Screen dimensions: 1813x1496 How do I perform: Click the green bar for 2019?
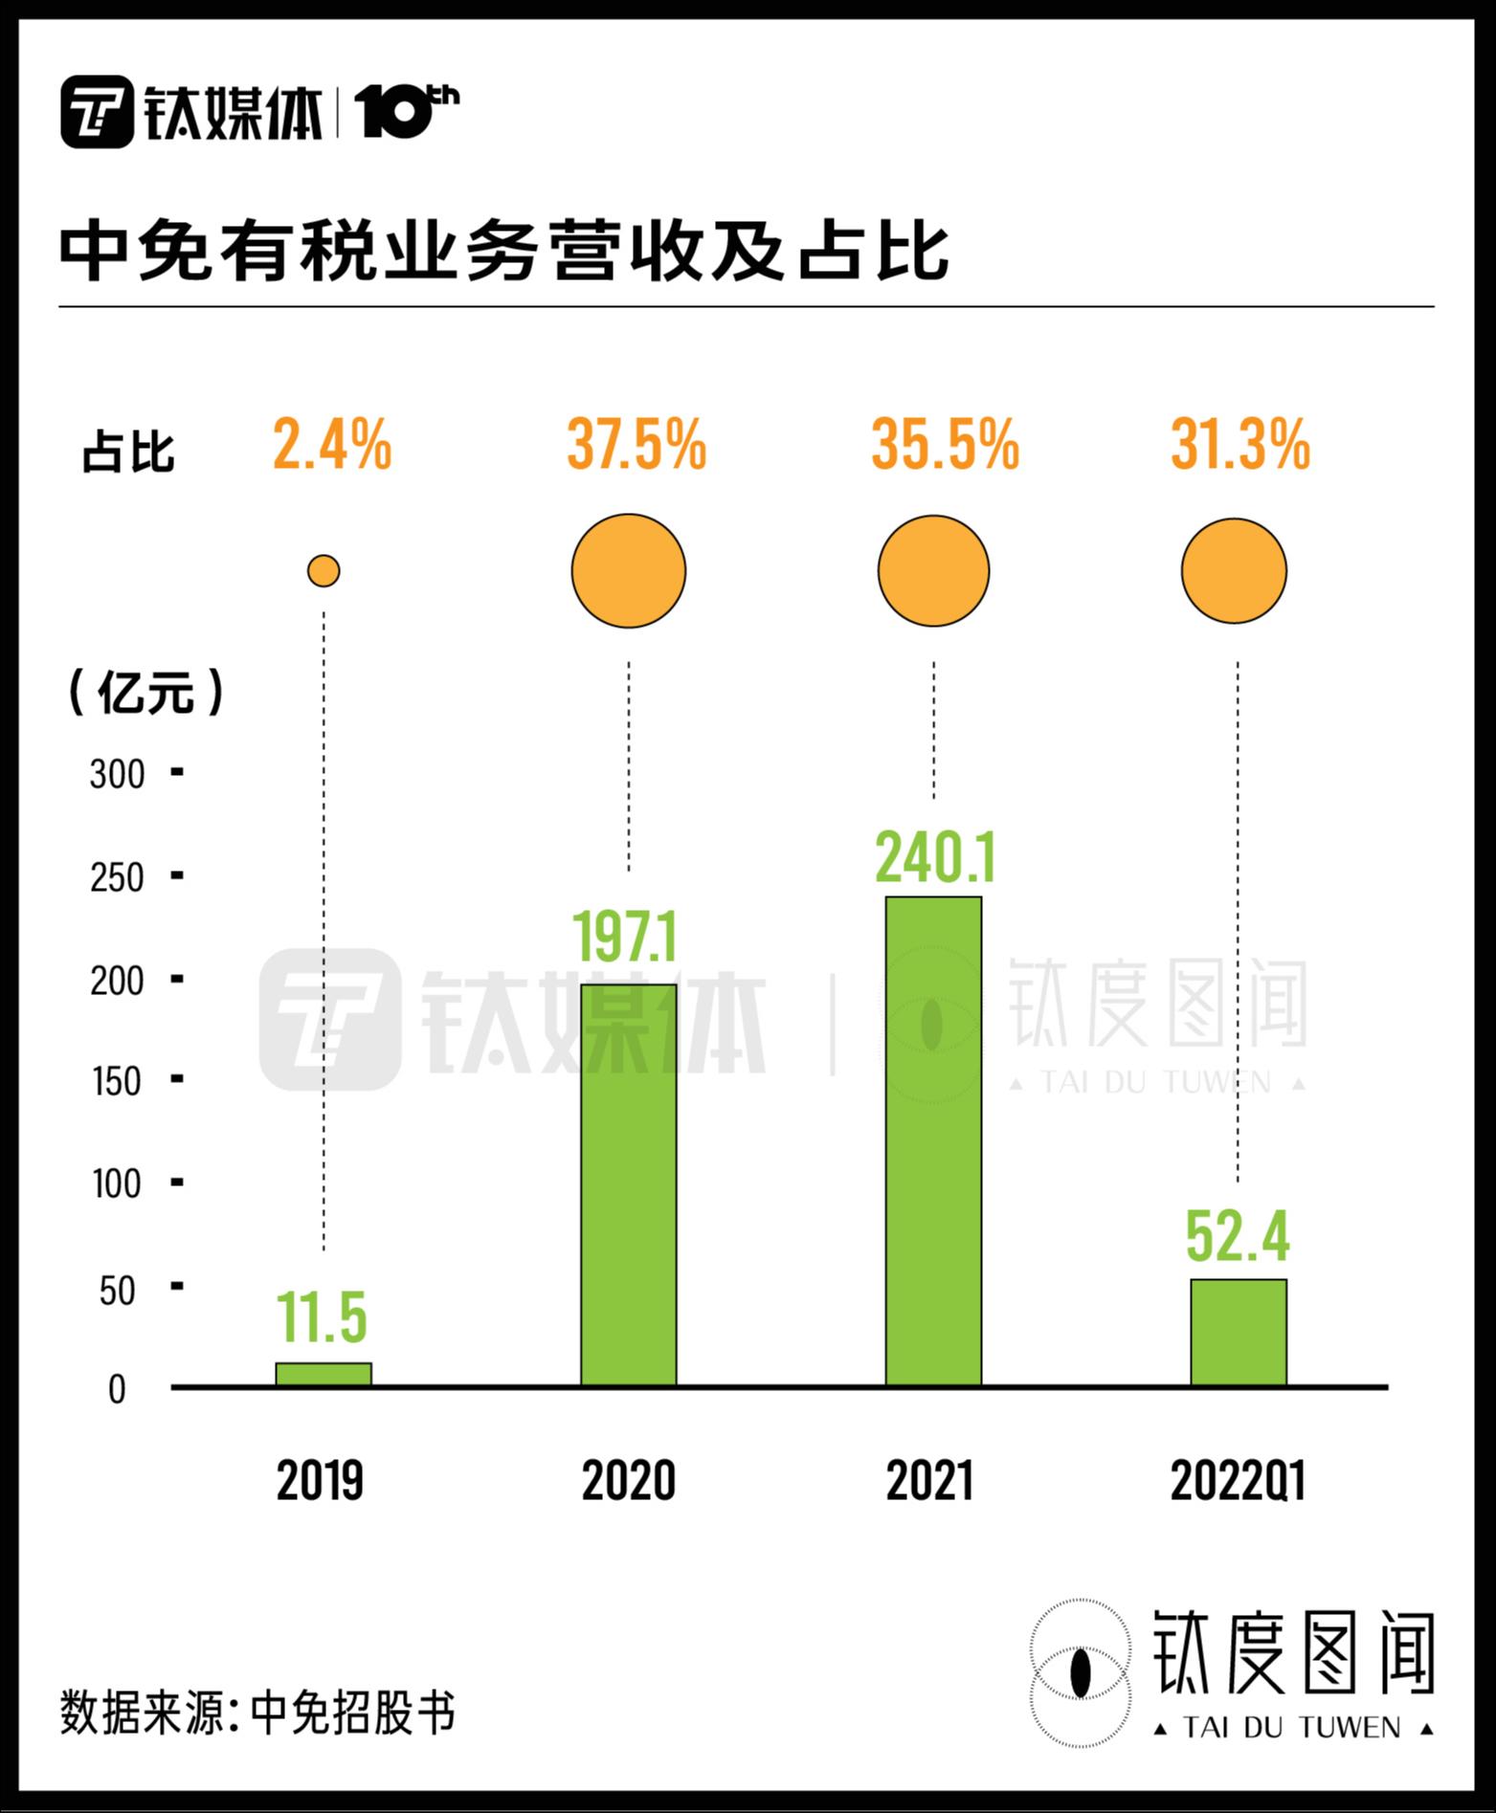[x=324, y=1374]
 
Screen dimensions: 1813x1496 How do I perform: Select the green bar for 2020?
[x=629, y=1184]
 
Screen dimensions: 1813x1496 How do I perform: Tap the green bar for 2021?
[x=933, y=1140]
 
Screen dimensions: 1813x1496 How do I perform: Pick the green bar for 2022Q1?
[x=1238, y=1332]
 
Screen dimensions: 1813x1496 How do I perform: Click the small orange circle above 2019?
[x=324, y=571]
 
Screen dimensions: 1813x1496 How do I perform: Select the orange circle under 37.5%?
[x=629, y=571]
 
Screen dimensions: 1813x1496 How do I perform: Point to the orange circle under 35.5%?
[x=933, y=571]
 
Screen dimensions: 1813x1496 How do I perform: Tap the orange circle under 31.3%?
[x=1234, y=571]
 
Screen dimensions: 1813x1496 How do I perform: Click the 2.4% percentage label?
[x=332, y=446]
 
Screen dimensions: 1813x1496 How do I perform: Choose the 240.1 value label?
[x=935, y=858]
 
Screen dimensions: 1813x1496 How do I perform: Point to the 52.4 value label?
[x=1238, y=1236]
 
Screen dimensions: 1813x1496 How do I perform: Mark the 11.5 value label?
[x=323, y=1317]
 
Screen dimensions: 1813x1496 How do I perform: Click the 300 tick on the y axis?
[x=117, y=774]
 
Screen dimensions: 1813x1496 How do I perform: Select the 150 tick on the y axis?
[x=117, y=1082]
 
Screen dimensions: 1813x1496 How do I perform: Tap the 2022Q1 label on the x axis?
[x=1238, y=1482]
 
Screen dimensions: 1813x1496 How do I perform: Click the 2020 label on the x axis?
[x=629, y=1482]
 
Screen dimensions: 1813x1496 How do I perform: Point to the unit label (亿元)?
[x=145, y=692]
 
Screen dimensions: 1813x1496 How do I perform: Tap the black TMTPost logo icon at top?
[x=97, y=112]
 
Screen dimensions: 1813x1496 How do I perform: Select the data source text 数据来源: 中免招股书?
[x=257, y=1714]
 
